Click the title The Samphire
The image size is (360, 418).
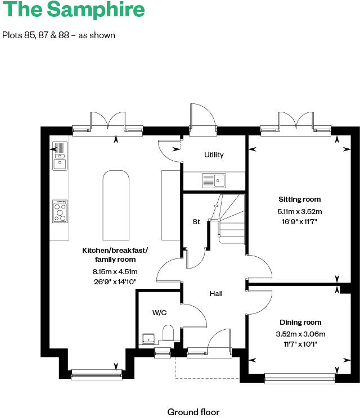pos(74,10)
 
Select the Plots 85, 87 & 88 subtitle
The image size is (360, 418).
pos(58,35)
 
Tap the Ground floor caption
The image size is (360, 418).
pos(193,412)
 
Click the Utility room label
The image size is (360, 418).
pos(214,155)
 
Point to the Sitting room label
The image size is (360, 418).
pos(299,199)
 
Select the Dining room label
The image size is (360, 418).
pos(300,322)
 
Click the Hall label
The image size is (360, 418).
pos(216,293)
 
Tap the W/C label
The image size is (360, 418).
pos(159,312)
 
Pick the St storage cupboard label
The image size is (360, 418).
pos(196,222)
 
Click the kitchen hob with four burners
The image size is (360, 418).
pos(60,211)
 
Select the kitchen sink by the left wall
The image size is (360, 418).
pos(59,156)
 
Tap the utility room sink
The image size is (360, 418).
pos(213,180)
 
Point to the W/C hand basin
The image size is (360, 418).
pos(148,338)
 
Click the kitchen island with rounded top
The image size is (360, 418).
pos(116,205)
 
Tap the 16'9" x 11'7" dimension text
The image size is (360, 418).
pos(299,221)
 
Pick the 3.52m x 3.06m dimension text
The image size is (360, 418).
pos(300,334)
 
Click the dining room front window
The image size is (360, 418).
pos(300,379)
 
